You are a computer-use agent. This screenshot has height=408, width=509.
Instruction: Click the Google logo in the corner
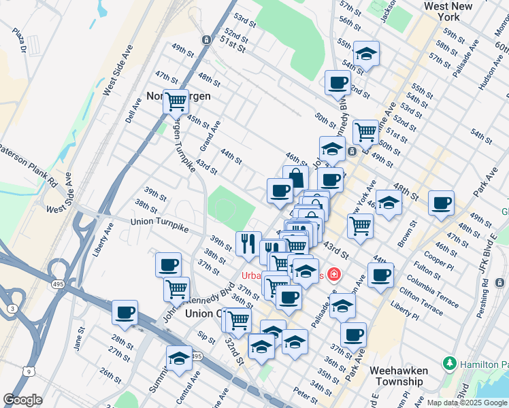23,400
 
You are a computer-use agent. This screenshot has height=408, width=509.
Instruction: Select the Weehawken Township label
399,376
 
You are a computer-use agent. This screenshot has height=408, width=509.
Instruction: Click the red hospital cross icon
333,275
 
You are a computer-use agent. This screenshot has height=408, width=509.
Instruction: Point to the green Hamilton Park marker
448,364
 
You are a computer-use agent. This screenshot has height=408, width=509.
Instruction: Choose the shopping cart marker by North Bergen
176,101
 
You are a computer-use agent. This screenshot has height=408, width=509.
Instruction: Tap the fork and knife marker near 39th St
248,243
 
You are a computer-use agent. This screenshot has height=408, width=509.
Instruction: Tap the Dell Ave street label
133,109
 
